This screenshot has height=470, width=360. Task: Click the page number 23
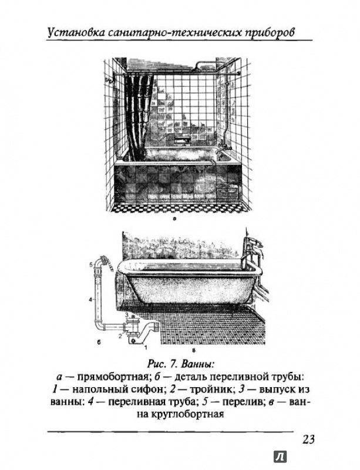click(x=308, y=439)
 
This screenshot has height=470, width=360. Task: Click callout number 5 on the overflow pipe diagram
click(x=90, y=264)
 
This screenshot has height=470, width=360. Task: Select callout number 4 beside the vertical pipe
click(x=90, y=298)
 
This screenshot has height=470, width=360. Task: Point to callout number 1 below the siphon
click(x=146, y=347)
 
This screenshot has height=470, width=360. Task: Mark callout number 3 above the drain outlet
click(x=127, y=314)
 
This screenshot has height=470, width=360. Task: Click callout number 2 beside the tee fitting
click(x=120, y=335)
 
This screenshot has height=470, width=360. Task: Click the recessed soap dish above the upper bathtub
click(x=182, y=139)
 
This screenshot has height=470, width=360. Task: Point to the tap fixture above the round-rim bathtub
click(x=253, y=250)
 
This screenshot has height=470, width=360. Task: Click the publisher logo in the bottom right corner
click(x=280, y=457)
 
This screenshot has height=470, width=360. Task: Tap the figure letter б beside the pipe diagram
click(x=99, y=343)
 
